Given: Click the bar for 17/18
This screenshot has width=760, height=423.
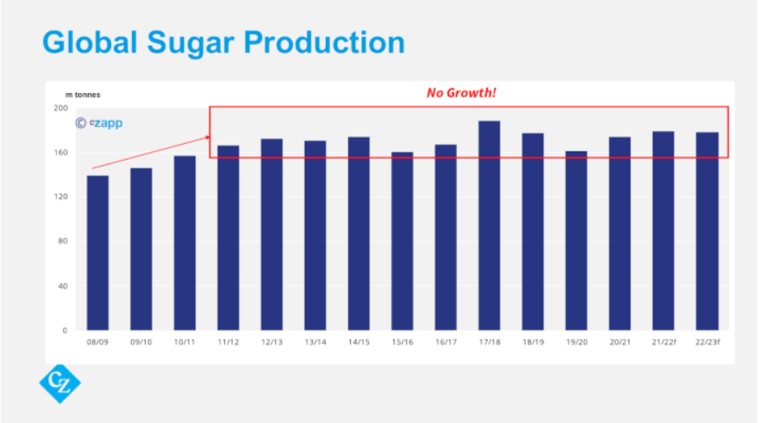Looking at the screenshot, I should (x=489, y=225).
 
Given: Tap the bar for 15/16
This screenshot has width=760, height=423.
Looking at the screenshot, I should (x=402, y=241).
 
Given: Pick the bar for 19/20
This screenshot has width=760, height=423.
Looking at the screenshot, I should (x=576, y=240).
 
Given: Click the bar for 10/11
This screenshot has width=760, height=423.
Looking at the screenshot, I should (x=184, y=243).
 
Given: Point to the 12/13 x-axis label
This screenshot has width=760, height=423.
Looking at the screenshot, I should (x=271, y=342).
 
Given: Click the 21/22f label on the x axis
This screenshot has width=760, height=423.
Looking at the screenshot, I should (x=663, y=342).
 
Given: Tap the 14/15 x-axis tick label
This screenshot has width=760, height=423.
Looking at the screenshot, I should (x=358, y=342).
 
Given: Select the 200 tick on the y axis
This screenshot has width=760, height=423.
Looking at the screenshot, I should (x=60, y=108).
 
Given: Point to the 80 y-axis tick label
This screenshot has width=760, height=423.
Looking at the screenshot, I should (x=62, y=242).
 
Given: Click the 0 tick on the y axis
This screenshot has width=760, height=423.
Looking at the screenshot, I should (x=64, y=331).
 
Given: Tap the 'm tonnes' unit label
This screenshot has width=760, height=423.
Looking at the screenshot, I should (x=83, y=95).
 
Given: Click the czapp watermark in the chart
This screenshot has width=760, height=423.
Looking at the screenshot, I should (x=99, y=124).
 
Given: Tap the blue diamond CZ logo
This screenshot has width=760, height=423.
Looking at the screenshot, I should (x=60, y=383).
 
